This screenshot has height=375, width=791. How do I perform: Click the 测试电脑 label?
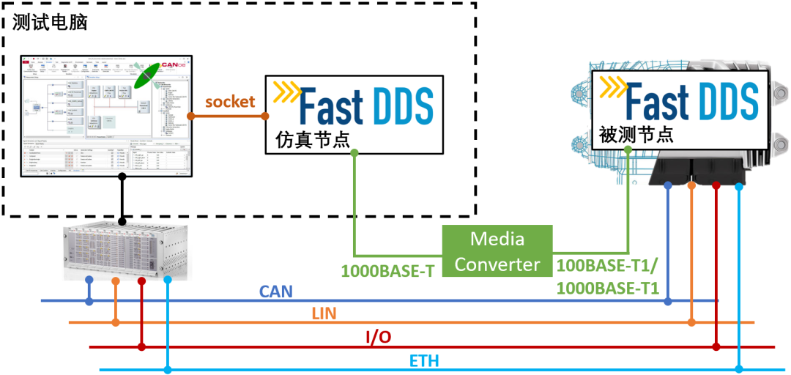click(x=50, y=22)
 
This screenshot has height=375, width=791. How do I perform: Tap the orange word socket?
click(x=229, y=101)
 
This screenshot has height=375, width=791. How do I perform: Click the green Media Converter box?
click(x=497, y=250)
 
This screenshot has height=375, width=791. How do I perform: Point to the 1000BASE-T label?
click(x=387, y=270)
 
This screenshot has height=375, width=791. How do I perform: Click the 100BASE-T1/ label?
click(x=607, y=264)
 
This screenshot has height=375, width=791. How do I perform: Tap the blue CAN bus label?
click(x=276, y=292)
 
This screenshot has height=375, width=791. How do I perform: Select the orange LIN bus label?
click(x=324, y=313)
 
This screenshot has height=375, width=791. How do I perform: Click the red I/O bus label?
click(x=378, y=337)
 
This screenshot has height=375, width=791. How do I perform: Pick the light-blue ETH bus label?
click(x=424, y=360)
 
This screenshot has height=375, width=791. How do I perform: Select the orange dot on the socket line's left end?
click(x=190, y=116)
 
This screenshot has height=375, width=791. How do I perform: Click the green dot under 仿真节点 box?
click(x=354, y=153)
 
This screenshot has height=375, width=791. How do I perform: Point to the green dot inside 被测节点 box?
click(x=628, y=149)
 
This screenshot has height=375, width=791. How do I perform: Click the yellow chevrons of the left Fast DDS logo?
click(x=286, y=92)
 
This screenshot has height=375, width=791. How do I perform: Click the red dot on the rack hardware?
click(x=142, y=281)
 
